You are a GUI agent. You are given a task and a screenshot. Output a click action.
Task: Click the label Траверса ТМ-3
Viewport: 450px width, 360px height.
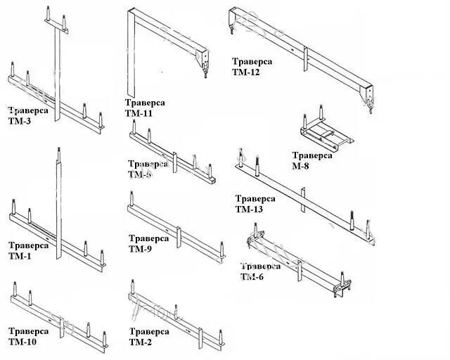(28, 115)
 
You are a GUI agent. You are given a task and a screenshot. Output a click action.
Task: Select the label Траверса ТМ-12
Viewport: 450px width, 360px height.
(252, 66)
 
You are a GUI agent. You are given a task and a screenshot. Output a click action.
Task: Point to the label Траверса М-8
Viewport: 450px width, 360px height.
(312, 160)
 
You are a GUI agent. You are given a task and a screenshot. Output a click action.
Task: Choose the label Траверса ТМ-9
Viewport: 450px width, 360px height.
(148, 243)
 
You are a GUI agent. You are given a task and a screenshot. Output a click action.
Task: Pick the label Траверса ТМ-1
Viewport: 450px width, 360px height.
(28, 250)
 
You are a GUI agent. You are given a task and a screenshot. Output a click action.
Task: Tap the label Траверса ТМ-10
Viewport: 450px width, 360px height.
(28, 336)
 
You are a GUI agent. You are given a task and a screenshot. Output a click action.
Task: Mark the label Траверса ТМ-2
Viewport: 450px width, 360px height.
(148, 336)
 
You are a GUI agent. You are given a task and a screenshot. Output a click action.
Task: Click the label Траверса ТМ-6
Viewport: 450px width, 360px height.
(260, 271)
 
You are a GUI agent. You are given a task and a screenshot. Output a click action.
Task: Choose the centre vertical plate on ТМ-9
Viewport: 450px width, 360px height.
(180, 240)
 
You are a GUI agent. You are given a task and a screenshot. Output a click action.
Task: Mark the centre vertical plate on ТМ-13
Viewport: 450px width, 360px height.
(303, 200)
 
